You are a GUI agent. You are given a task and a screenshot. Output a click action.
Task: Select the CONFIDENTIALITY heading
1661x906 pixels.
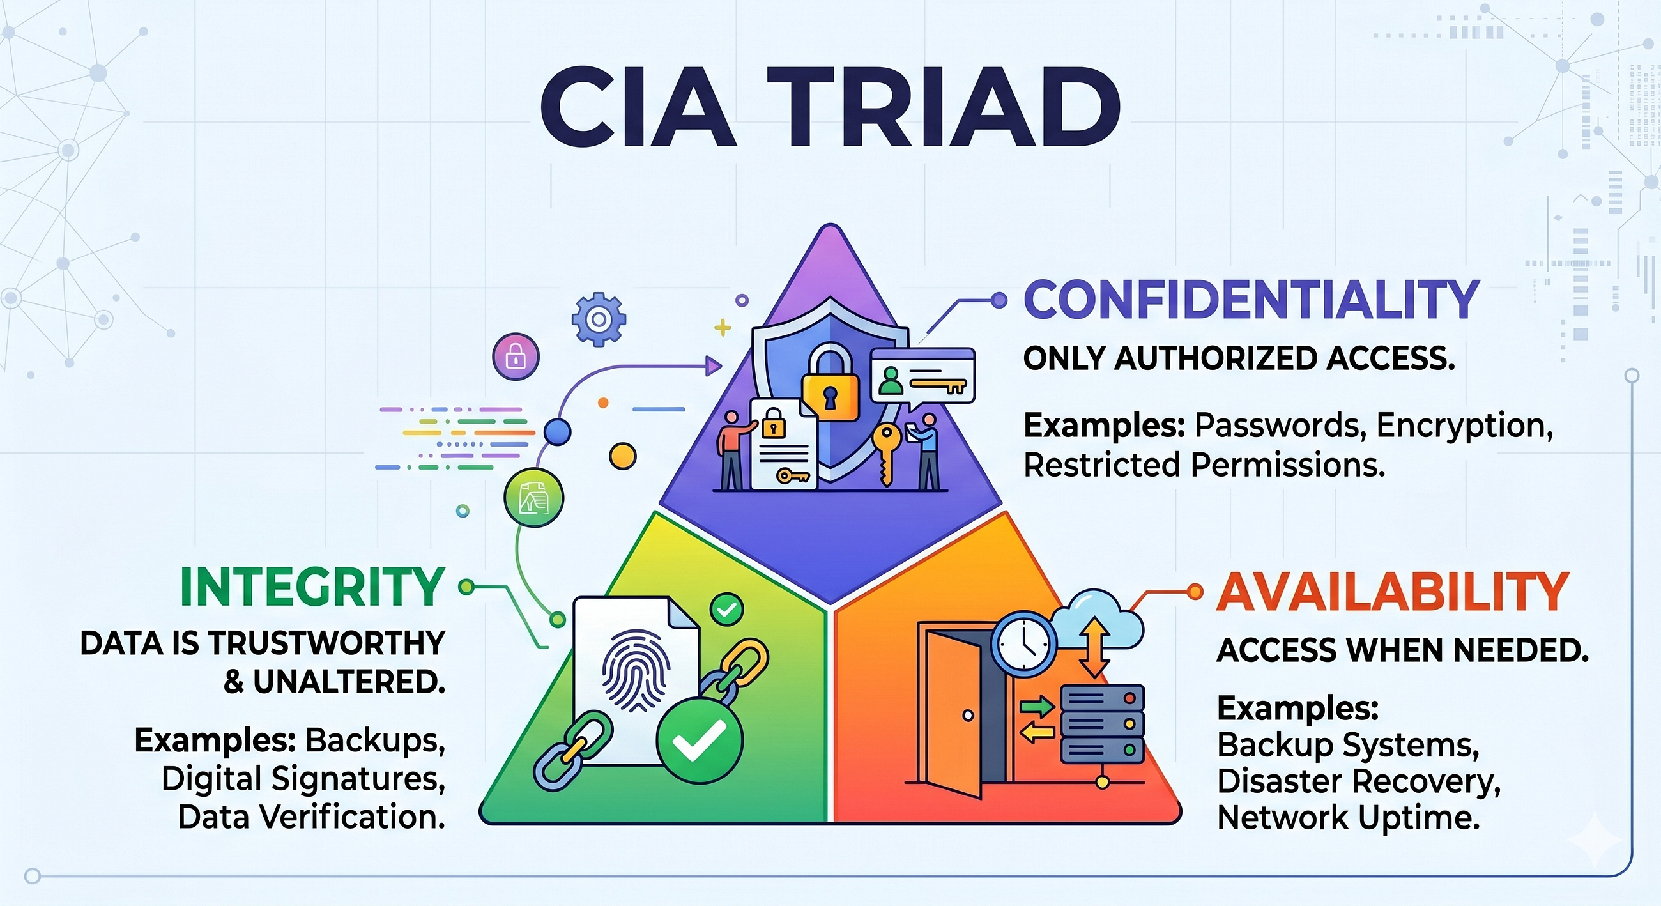pos(1251,299)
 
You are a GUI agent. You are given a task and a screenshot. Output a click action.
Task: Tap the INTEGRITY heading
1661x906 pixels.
pos(312,587)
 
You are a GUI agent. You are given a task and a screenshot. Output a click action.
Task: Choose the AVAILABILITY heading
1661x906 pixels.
pos(1393,591)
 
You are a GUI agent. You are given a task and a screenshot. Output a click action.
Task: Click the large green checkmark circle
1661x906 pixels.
pos(700,742)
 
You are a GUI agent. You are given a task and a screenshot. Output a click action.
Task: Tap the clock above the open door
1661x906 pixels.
pos(1024,645)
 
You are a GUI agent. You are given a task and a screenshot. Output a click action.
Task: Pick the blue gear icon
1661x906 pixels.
pos(599,319)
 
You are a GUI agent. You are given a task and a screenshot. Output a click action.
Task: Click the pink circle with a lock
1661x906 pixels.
pos(516,357)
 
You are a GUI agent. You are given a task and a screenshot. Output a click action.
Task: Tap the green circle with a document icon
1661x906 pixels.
pos(534,498)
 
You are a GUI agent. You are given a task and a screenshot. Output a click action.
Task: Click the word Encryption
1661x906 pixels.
pos(1464,426)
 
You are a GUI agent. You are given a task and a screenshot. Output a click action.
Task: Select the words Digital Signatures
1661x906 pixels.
pos(303,779)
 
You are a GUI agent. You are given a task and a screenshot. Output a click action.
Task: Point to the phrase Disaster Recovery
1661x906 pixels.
pos(1359,781)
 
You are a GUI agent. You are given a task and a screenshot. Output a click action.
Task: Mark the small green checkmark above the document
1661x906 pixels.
pos(727,609)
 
